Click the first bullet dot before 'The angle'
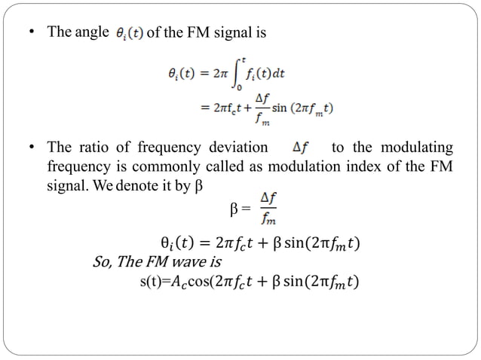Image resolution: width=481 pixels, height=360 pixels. click(x=31, y=34)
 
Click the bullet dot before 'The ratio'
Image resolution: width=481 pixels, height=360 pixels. click(x=31, y=148)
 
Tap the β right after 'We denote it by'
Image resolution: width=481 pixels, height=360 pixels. click(x=200, y=184)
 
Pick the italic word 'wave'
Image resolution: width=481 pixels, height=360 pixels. click(x=185, y=263)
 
